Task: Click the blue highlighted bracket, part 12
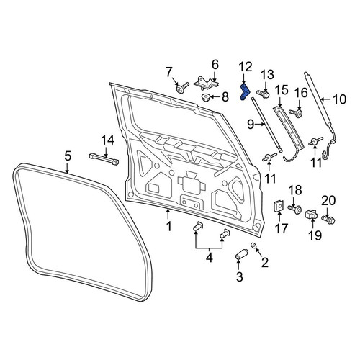245,91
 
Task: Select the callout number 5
68,156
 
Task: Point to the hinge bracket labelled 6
207,83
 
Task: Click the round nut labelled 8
205,98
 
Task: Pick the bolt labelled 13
263,93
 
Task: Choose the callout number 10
339,99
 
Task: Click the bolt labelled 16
296,113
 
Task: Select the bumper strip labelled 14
104,159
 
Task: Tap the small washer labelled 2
253,245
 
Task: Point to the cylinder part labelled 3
240,255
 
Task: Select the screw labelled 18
295,209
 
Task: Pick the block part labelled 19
311,214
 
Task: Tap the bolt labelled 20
328,219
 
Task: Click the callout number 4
210,258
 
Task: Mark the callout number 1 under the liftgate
169,226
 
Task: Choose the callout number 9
251,125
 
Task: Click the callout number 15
282,91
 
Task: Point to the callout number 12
246,67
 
